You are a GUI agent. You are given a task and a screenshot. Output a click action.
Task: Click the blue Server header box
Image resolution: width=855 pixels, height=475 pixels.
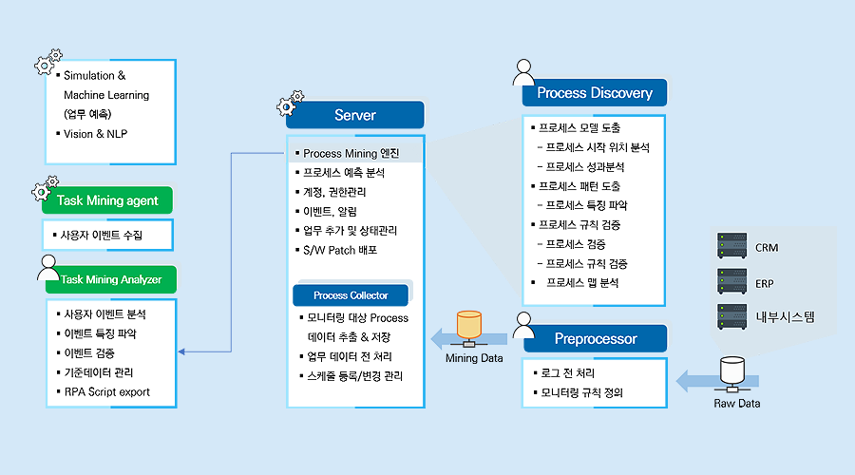(355, 115)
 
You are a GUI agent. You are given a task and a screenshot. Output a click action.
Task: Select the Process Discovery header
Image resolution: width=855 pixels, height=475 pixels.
(595, 93)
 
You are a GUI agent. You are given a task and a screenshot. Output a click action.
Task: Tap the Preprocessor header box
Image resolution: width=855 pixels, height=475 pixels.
(596, 338)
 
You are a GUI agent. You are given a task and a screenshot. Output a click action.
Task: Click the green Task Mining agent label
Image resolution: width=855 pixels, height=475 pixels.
(107, 200)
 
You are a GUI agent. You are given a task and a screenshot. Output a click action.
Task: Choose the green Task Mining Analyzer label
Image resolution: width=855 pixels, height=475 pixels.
(111, 279)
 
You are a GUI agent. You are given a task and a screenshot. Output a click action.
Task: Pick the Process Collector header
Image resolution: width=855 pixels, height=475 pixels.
(351, 295)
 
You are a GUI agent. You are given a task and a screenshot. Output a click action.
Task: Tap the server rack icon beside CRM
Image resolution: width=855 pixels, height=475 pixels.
(731, 245)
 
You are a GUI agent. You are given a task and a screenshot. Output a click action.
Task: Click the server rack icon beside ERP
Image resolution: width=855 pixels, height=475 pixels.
(731, 281)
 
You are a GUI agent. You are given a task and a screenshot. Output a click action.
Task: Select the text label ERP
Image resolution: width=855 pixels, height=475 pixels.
(764, 284)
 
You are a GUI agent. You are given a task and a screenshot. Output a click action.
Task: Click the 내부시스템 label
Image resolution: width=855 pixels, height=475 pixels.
(785, 317)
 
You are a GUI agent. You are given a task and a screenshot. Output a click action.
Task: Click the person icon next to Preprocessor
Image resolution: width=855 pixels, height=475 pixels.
(523, 326)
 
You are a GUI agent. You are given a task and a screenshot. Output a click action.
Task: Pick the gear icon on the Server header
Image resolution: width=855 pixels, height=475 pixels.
(290, 103)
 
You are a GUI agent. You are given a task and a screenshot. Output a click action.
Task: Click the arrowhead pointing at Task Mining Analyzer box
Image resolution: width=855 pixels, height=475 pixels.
(181, 351)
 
